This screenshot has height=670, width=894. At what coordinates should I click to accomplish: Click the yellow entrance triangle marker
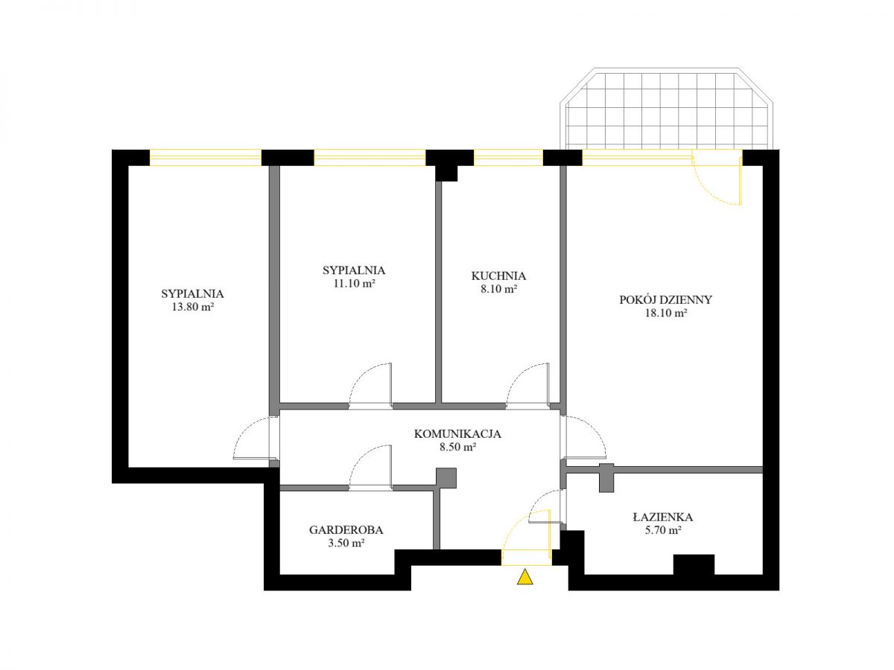point(524,577)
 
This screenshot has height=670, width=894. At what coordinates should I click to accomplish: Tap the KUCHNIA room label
point(498,275)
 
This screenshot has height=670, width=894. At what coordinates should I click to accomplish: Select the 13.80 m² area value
point(193,307)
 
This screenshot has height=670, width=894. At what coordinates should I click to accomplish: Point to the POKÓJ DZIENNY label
point(665,300)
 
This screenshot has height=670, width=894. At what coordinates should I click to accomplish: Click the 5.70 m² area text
point(663,530)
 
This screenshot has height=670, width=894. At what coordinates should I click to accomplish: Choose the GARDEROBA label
point(346,529)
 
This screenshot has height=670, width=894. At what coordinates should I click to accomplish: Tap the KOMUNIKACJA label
point(457,434)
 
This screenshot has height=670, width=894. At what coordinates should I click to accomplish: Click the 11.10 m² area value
point(354,284)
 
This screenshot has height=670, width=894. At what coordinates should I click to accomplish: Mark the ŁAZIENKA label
point(662,517)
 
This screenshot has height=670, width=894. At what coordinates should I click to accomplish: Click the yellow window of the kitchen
point(508,157)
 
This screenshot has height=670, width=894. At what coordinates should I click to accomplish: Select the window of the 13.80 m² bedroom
point(206,157)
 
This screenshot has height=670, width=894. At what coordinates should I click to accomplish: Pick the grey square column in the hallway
point(446,478)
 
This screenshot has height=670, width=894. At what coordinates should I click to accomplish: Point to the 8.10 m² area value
point(498,289)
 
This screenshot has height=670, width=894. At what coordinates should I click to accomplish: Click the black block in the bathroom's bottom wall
point(693,564)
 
